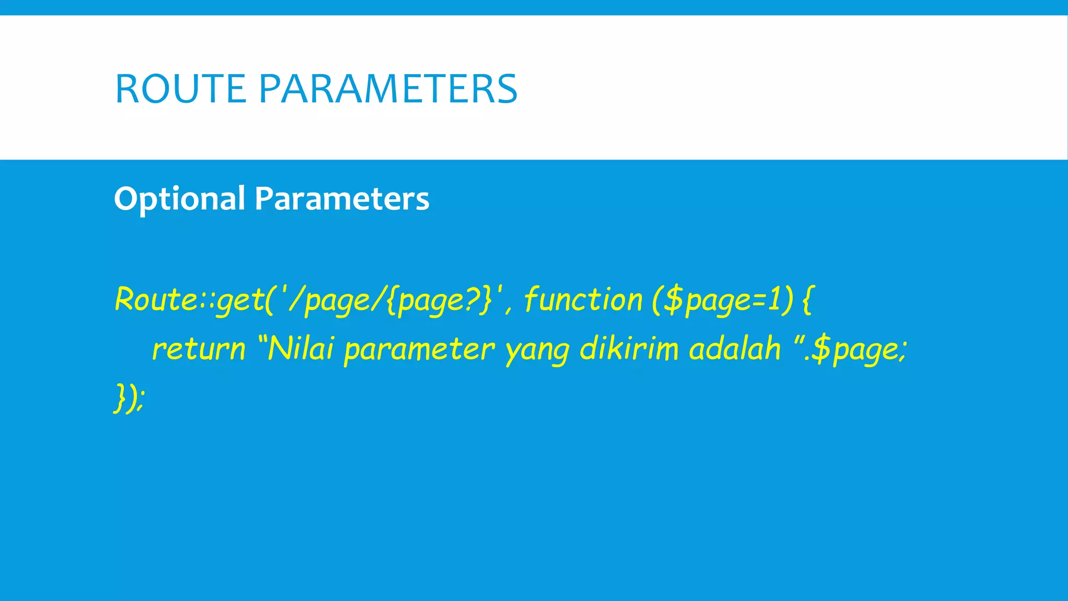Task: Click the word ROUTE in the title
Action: click(180, 89)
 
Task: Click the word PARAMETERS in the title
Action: click(387, 89)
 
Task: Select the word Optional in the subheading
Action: click(179, 199)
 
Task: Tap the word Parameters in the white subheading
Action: click(342, 199)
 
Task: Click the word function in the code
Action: click(583, 299)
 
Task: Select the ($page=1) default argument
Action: click(722, 300)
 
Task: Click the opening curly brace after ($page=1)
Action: click(807, 300)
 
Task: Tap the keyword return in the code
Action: click(199, 348)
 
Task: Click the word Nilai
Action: click(300, 348)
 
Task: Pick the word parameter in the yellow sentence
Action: click(419, 349)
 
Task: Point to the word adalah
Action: click(735, 348)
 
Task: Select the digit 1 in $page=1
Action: click(775, 300)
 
